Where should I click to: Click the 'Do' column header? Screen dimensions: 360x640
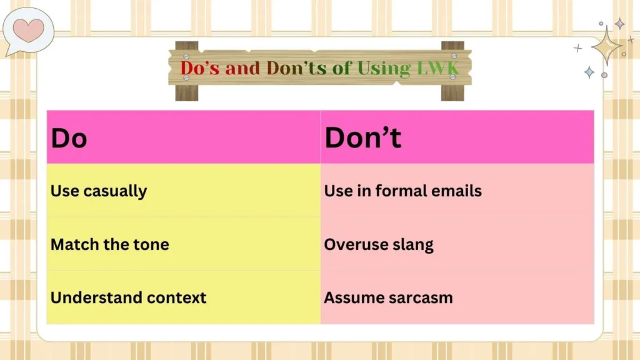(x=69, y=138)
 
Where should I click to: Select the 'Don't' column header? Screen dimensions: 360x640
(x=362, y=138)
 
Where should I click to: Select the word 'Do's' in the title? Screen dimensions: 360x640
(x=200, y=68)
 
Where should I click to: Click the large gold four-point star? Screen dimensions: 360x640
(x=606, y=46)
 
